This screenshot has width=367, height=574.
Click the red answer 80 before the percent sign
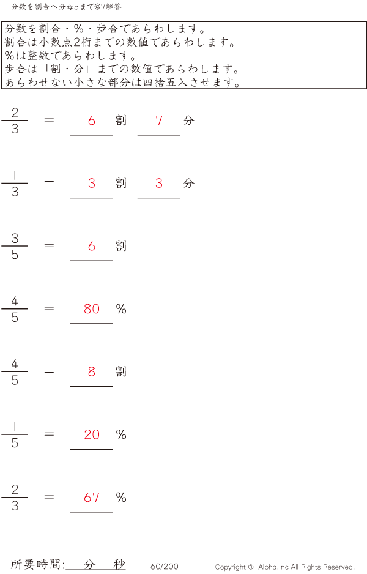92,309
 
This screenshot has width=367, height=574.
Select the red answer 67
92,498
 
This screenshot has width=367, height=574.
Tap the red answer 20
92,434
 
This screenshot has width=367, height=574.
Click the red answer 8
92,371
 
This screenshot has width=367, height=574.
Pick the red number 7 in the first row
159,121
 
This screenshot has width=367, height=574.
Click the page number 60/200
164,567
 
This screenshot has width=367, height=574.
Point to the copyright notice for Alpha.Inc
284,567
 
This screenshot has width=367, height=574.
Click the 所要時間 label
37,565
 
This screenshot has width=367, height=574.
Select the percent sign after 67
121,498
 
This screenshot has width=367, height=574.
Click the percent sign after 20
121,434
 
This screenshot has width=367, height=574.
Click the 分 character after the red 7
188,121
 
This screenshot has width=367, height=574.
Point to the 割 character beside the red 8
121,371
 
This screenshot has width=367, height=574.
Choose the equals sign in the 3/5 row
50,245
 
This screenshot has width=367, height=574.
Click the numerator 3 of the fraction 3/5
15,238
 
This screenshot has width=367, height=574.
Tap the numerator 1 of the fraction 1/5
15,427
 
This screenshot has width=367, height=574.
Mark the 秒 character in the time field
119,565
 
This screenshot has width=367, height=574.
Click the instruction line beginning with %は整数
70,56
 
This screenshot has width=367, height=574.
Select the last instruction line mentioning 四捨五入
122,82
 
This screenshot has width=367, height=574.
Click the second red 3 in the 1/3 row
159,184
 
